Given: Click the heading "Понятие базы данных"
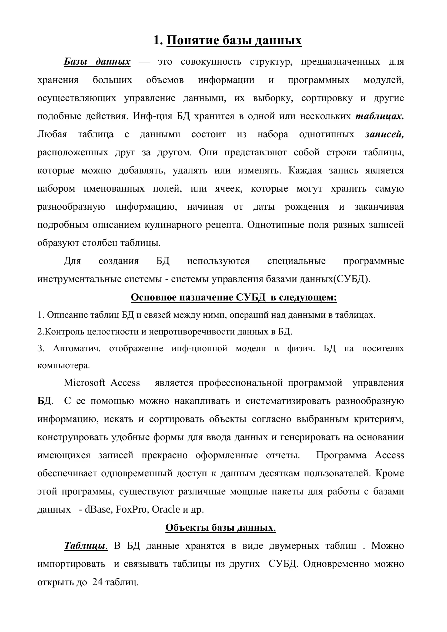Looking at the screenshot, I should coord(234,41).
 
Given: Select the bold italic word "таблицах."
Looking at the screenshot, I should coord(379,116).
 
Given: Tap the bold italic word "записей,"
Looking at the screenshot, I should coord(384,134).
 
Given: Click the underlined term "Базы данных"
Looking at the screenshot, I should coord(97,62).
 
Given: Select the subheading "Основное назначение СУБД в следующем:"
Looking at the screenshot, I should coord(234,297).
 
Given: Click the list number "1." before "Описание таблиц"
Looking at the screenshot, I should coord(41,315).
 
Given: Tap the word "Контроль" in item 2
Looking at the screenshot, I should coord(64,332).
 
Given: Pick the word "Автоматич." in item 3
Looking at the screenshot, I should coord(77,349).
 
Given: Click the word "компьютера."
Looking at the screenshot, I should coord(64,366).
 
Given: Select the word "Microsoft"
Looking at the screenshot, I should coord(84,383).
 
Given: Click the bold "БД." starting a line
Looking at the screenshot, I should coord(45,401).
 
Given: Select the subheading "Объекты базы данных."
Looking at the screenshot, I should coord(221,527).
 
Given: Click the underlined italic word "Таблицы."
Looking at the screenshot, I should coord(86,546).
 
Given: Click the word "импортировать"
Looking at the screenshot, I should coord(71,564).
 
